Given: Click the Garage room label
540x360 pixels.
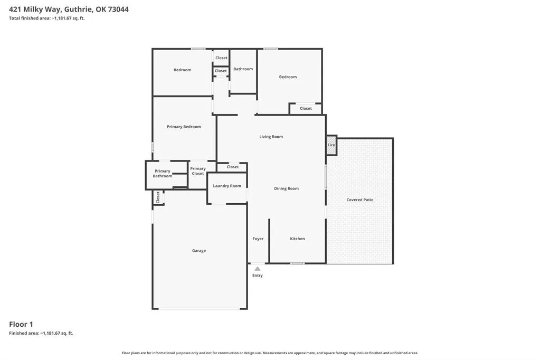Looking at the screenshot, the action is pyautogui.click(x=198, y=251).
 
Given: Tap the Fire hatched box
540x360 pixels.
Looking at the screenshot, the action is pyautogui.click(x=331, y=145).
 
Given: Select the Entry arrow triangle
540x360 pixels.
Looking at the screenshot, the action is pyautogui.click(x=257, y=269).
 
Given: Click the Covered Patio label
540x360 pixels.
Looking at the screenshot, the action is pyautogui.click(x=360, y=200).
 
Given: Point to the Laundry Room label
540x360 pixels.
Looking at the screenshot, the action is pyautogui.click(x=227, y=186).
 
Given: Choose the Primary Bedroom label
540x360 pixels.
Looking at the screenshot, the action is pyautogui.click(x=184, y=127).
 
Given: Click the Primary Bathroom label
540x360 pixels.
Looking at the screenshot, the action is pyautogui.click(x=163, y=174).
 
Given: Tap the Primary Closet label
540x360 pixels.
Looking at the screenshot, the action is pyautogui.click(x=198, y=171).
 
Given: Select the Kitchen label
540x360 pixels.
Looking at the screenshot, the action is pyautogui.click(x=297, y=239).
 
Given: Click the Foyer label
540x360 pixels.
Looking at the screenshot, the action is pyautogui.click(x=258, y=239).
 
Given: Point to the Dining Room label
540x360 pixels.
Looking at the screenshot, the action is pyautogui.click(x=286, y=189).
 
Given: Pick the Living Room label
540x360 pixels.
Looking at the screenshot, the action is pyautogui.click(x=271, y=137).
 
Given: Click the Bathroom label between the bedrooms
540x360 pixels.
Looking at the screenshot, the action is pyautogui.click(x=243, y=69).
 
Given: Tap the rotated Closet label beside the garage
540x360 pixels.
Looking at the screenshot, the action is pyautogui.click(x=158, y=197).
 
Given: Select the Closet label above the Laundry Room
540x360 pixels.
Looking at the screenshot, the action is pyautogui.click(x=232, y=167).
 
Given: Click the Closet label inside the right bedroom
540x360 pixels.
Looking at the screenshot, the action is pyautogui.click(x=306, y=109).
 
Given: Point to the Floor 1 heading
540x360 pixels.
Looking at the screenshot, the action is pyautogui.click(x=21, y=324).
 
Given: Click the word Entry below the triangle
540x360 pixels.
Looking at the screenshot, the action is pyautogui.click(x=257, y=276).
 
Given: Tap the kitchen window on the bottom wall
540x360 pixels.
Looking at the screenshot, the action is pyautogui.click(x=297, y=263).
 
